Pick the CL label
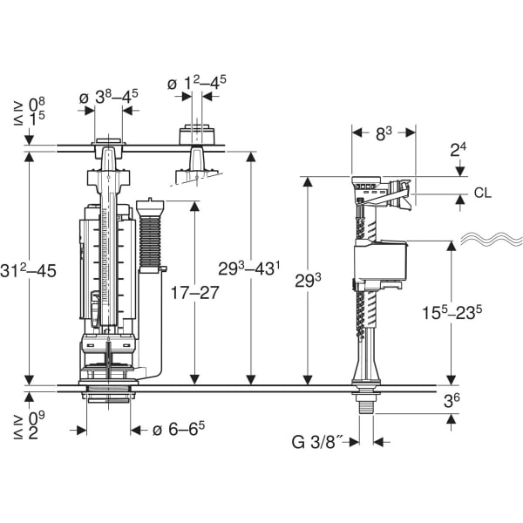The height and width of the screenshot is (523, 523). point(483,193)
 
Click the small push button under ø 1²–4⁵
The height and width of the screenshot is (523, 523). point(197,135)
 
